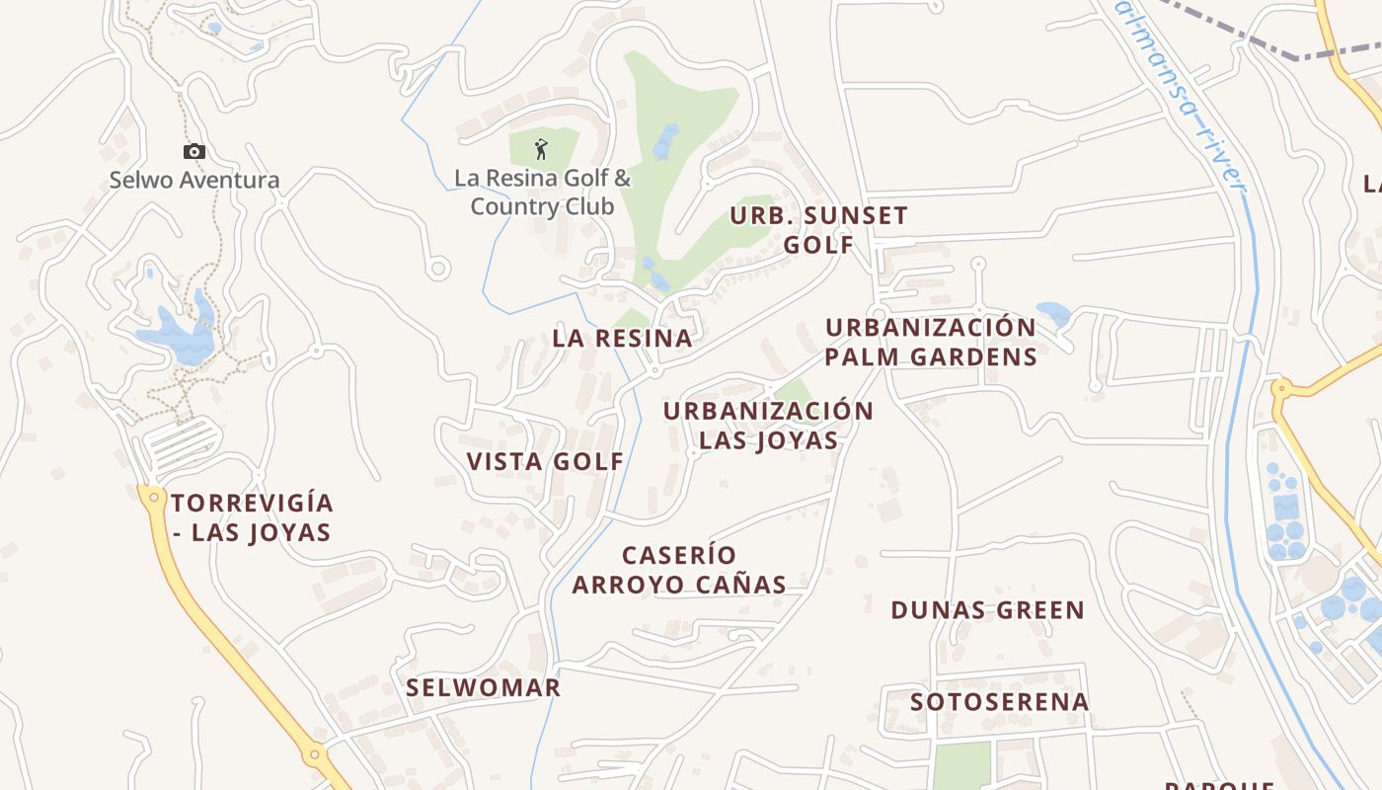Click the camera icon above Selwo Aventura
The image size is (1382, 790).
[x=194, y=151]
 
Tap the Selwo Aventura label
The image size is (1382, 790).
[x=194, y=181]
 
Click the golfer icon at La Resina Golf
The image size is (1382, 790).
[x=541, y=149]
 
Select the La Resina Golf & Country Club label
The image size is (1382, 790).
[x=542, y=193]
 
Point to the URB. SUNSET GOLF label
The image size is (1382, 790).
[x=818, y=230]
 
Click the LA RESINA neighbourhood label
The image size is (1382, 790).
[x=622, y=338]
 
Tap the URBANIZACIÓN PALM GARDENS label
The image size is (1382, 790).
[x=931, y=342]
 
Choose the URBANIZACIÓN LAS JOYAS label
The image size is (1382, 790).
[x=769, y=426]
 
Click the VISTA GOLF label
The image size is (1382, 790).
[x=545, y=461]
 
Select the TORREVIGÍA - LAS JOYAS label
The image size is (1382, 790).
[x=252, y=517]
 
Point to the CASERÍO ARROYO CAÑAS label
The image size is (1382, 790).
[x=679, y=570]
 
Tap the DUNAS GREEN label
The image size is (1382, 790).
[x=987, y=610]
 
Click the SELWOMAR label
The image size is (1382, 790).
[x=484, y=687]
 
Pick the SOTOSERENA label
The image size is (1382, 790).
[x=999, y=702]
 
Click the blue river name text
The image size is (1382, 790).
[x=1181, y=94]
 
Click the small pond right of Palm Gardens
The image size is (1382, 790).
[x=1054, y=314]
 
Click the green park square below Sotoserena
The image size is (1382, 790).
[x=960, y=765]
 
